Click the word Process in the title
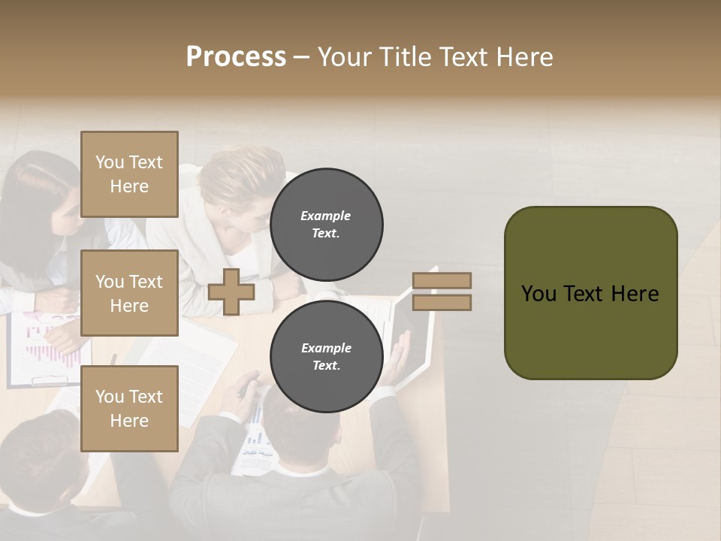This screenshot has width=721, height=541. [x=236, y=57]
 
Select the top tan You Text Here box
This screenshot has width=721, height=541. [x=129, y=174]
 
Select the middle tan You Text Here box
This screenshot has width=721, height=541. [x=129, y=293]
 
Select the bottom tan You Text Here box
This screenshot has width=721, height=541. [x=129, y=408]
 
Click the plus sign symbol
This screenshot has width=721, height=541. [x=231, y=292]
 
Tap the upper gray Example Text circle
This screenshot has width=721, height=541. [x=326, y=225]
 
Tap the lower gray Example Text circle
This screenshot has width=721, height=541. [x=326, y=357]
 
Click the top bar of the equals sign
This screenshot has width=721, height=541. [x=442, y=280]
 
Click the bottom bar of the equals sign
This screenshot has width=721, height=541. [x=442, y=302]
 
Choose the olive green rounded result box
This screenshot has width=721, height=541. [x=590, y=293]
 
